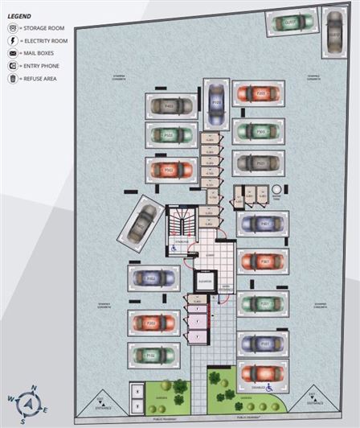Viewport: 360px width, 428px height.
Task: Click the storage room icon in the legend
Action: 11,27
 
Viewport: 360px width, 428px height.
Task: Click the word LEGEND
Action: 21,14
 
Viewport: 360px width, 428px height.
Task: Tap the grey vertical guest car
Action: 333,33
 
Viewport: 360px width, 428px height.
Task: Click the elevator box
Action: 203,282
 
